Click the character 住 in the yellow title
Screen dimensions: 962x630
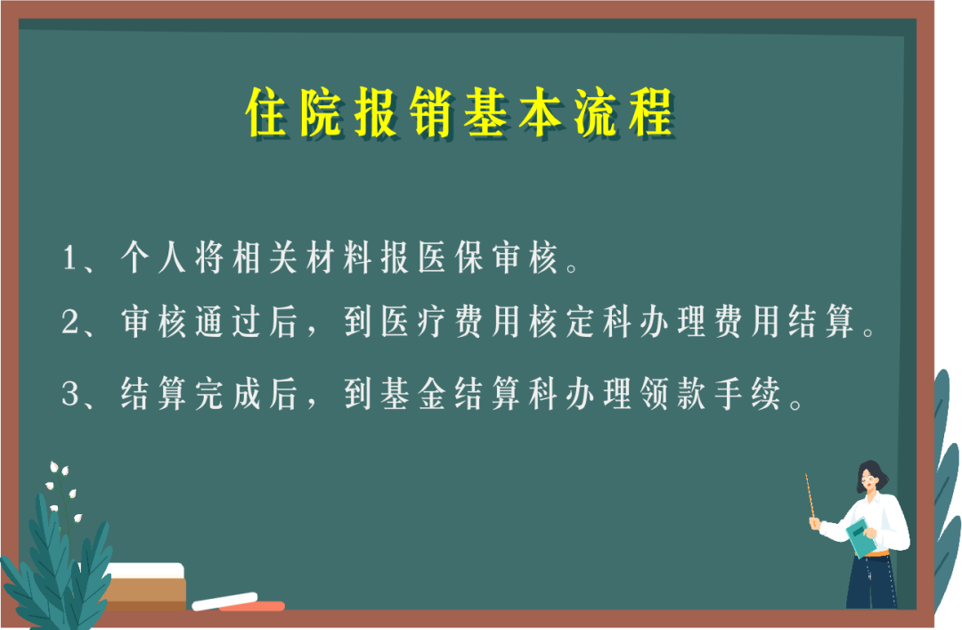(x=268, y=111)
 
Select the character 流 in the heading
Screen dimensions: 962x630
(x=596, y=111)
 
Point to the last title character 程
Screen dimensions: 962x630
(x=651, y=111)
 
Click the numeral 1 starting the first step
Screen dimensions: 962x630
(x=69, y=258)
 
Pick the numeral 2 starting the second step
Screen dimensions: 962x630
(x=70, y=321)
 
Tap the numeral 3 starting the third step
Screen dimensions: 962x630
(x=70, y=394)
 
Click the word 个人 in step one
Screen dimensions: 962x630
(x=153, y=257)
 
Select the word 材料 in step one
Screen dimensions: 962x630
(x=339, y=257)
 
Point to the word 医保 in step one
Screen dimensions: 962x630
(x=451, y=257)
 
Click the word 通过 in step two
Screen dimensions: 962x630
(x=228, y=321)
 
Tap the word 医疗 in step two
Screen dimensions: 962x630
(x=413, y=321)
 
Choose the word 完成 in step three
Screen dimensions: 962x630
(x=228, y=393)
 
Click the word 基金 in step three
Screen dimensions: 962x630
(x=413, y=393)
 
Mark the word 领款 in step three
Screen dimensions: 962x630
(x=673, y=393)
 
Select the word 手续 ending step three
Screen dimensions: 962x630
(x=747, y=393)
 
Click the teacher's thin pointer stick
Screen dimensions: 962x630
(x=810, y=496)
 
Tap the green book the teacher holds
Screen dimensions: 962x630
(x=861, y=537)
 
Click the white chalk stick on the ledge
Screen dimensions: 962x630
(x=224, y=601)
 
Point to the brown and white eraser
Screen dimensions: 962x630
(x=145, y=586)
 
